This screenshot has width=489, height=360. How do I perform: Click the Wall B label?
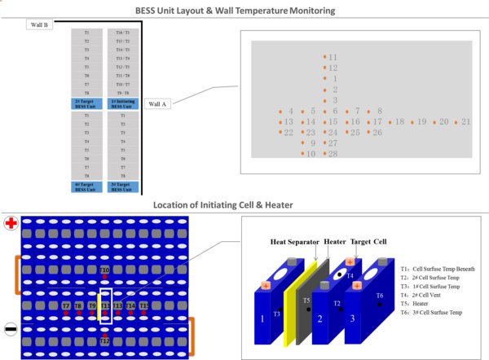(39, 25)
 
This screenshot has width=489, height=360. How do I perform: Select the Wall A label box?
(156, 103)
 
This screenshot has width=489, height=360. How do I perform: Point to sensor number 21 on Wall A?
(466, 121)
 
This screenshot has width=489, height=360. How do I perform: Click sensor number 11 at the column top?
(333, 58)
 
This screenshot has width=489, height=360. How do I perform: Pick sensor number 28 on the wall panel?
(333, 153)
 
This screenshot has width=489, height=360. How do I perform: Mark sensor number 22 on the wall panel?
(289, 132)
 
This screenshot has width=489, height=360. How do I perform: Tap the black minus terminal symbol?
(11, 330)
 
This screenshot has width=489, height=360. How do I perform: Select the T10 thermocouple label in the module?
(104, 270)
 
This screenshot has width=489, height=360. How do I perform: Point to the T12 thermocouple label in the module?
(104, 340)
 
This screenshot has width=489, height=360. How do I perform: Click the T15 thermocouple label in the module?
(143, 305)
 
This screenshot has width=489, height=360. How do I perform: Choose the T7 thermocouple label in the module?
(66, 305)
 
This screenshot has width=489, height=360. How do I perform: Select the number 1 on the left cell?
(262, 319)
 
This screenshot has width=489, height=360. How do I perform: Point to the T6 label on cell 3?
(380, 295)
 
